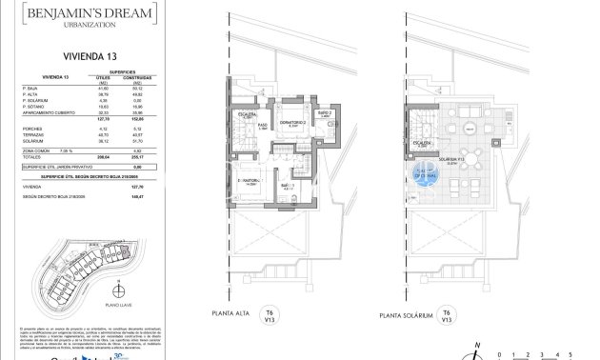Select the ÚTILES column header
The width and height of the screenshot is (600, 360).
click(103, 76)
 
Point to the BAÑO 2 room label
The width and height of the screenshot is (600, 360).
click(323, 113)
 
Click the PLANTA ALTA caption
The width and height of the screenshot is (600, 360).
click(237, 314)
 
